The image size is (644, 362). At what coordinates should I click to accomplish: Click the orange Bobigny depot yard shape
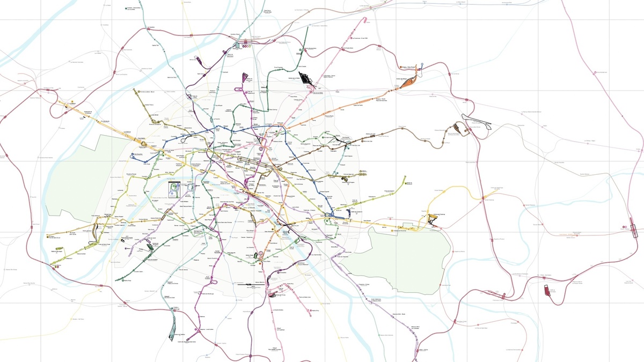pyautogui.click(x=408, y=82)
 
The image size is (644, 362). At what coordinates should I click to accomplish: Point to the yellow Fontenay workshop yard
pyautogui.click(x=433, y=218)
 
